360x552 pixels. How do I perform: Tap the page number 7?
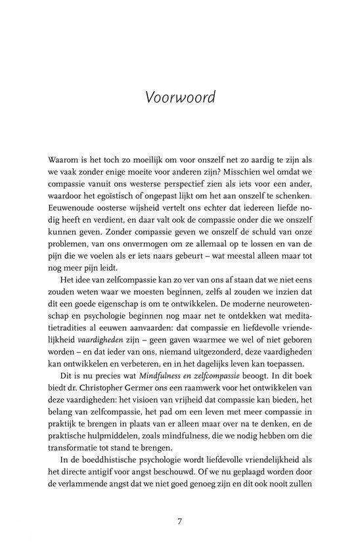180,521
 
